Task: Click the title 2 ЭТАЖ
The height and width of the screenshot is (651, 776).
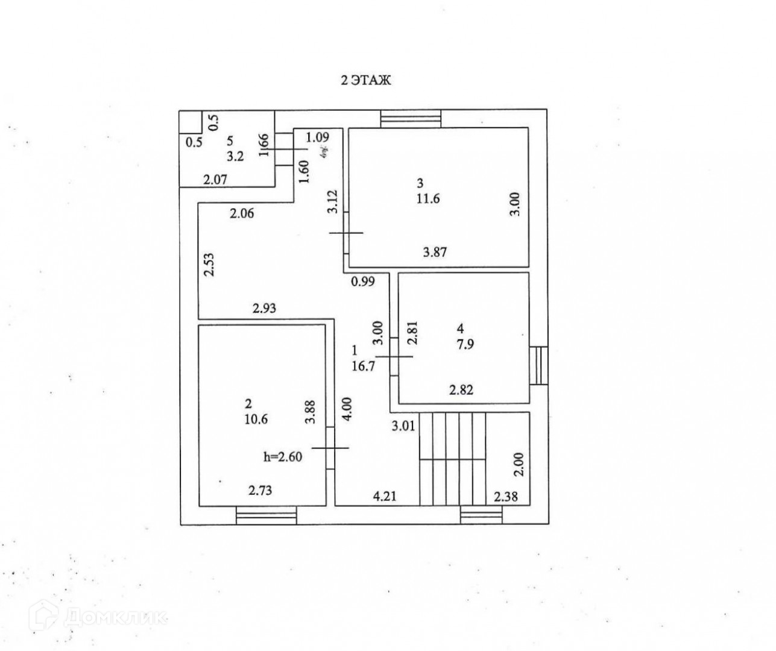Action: [367, 80]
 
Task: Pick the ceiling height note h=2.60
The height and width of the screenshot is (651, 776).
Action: [283, 456]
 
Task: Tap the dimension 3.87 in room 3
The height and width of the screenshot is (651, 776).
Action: [434, 253]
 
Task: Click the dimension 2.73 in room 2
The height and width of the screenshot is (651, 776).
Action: [260, 491]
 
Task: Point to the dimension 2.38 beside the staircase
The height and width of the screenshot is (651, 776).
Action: [505, 497]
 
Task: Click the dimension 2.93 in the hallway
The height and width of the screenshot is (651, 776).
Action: [264, 309]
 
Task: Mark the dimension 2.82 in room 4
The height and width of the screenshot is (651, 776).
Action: [461, 390]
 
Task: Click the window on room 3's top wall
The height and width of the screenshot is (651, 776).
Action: [411, 119]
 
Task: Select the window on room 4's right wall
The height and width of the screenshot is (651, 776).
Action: [539, 365]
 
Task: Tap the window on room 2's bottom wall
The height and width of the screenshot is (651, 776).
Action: [266, 516]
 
